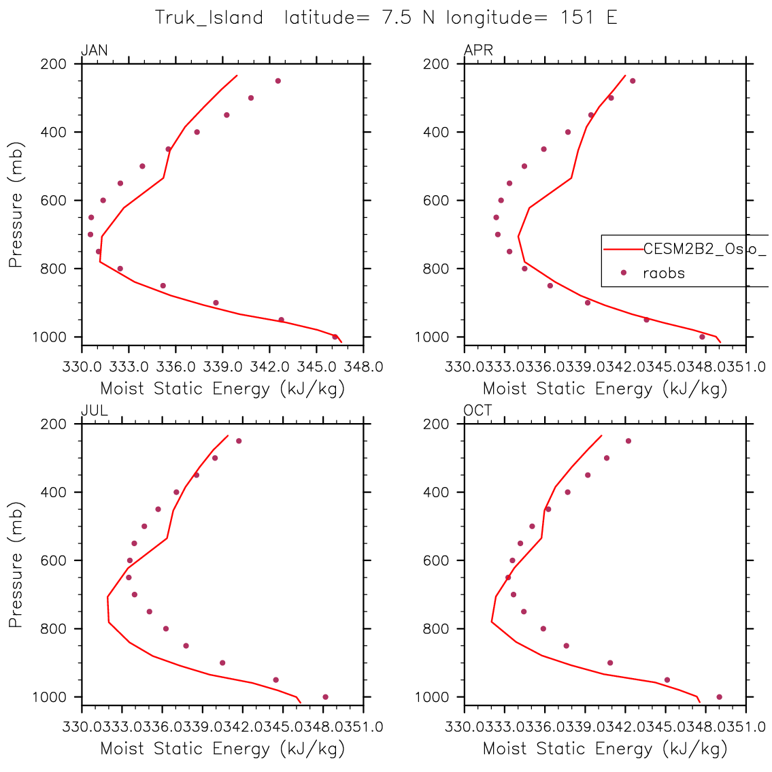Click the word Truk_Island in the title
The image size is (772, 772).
point(209,18)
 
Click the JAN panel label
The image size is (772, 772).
point(94,50)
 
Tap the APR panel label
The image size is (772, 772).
point(478,50)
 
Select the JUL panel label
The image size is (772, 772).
point(94,410)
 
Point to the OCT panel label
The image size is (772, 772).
point(477,410)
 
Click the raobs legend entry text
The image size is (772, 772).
point(664,273)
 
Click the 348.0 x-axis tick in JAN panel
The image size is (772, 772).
point(363,367)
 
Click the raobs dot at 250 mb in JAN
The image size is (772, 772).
point(278,81)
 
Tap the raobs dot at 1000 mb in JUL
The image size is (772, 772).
point(325,697)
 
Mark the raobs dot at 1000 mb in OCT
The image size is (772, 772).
point(719,697)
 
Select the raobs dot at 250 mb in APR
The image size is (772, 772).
point(633,81)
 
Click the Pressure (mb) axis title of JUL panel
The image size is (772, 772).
point(16,565)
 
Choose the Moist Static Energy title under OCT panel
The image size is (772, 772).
point(605,749)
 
